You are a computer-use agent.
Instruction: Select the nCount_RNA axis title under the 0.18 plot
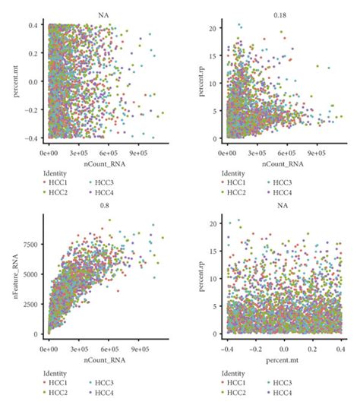tap(282, 162)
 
